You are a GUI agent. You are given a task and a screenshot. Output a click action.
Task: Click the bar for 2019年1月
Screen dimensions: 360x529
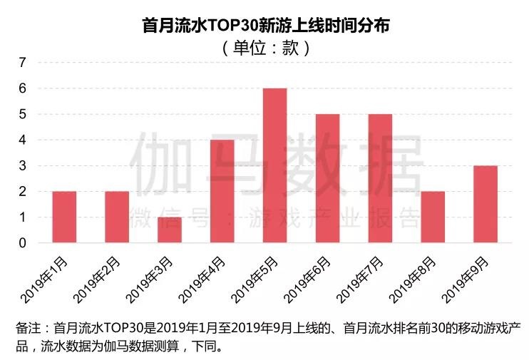[64, 217]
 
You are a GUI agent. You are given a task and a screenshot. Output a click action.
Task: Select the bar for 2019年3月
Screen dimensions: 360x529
[170, 230]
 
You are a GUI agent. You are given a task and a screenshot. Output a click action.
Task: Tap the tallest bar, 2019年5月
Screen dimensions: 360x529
[274, 165]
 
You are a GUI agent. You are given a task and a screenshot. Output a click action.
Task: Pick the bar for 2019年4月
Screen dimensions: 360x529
[222, 191]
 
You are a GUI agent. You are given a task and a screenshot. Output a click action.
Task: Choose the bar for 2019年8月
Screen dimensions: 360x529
[433, 217]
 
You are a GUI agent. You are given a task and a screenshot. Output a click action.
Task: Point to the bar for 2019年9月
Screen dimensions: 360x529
[486, 204]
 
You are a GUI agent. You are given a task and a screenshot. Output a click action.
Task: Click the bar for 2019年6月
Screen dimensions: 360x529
[327, 178]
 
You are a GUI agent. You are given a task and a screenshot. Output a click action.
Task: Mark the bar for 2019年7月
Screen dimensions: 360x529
[380, 178]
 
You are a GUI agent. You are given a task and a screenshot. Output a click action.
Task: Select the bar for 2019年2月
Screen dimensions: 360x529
[117, 217]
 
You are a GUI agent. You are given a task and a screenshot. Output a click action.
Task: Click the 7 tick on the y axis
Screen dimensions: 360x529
[22, 63]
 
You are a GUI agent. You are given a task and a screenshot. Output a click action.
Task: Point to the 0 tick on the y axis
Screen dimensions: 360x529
[22, 243]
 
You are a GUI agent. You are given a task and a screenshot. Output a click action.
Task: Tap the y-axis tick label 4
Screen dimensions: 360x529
[22, 140]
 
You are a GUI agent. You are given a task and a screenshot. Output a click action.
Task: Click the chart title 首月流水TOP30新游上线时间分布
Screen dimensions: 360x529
[264, 26]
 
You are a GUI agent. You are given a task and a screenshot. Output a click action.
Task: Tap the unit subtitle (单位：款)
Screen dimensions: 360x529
[264, 48]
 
